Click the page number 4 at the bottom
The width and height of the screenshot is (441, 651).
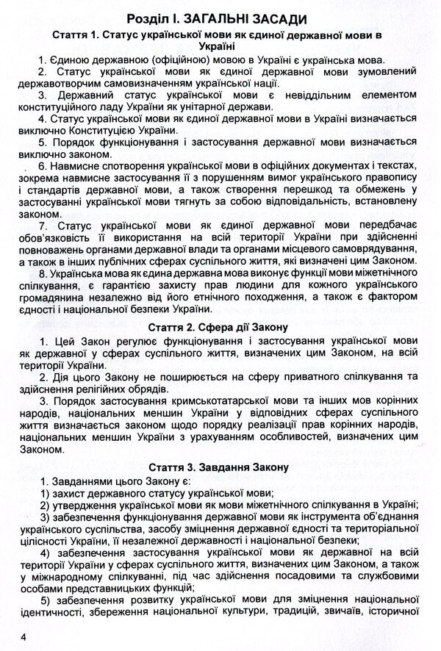coord(23,636)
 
